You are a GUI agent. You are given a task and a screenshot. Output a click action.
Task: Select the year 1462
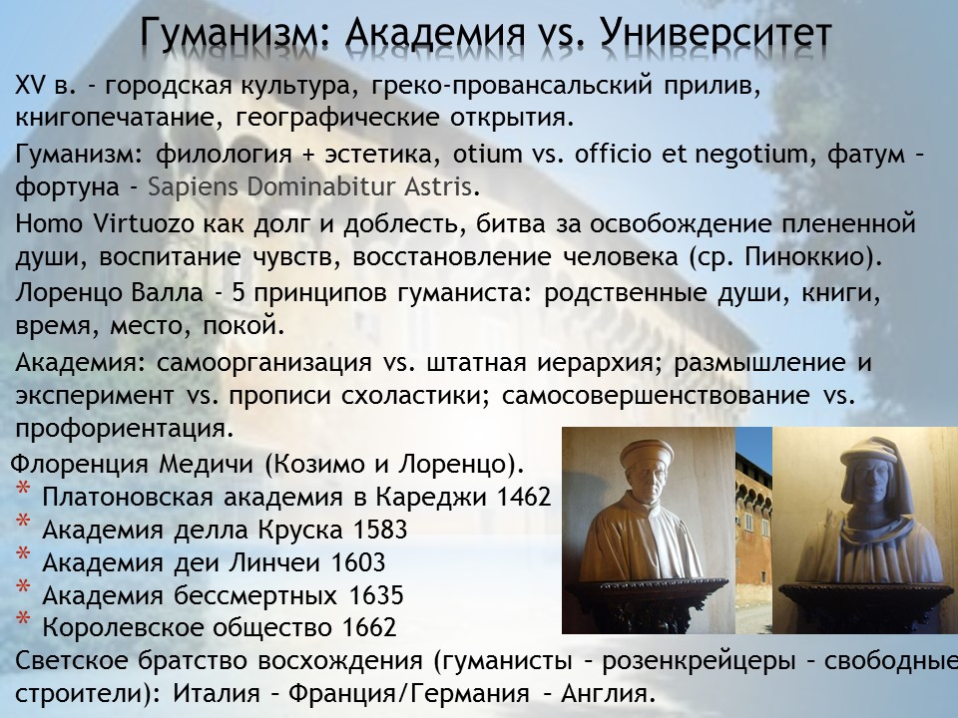click(524, 497)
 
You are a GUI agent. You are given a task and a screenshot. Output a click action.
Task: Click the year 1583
click(380, 530)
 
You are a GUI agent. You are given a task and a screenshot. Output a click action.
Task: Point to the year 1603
click(358, 562)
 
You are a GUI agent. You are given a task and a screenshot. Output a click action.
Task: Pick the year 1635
click(376, 595)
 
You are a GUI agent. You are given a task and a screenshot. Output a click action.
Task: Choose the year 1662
click(369, 627)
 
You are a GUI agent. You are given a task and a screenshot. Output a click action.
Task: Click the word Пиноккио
click(806, 257)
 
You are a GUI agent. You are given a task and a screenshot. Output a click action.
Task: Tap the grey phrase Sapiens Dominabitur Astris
click(309, 186)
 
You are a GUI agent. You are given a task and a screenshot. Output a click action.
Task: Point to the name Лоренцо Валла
click(109, 293)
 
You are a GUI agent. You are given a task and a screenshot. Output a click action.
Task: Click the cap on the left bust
click(646, 454)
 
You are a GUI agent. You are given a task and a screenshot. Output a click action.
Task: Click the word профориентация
click(125, 429)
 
